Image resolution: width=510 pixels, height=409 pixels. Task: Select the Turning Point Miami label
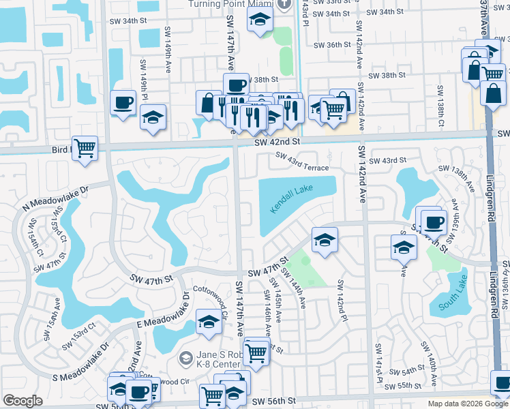229,4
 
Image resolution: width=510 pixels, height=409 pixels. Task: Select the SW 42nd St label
277,141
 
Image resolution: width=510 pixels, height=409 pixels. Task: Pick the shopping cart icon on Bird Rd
85,147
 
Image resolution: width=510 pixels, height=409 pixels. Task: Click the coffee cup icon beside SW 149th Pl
123,103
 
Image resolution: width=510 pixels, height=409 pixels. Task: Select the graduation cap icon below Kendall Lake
325,239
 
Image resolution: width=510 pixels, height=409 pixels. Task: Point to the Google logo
23,401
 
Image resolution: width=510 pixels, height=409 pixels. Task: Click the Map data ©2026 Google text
467,404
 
